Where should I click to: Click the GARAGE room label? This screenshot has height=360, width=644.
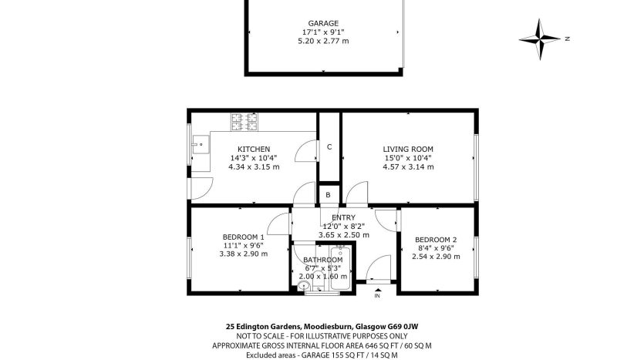[323, 23]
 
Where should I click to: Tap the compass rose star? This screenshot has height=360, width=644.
[540, 39]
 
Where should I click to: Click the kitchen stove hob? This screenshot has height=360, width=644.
[244, 122]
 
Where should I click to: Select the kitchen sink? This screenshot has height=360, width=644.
[201, 144]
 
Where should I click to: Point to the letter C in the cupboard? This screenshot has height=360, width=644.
[329, 147]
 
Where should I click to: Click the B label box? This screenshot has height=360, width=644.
[328, 195]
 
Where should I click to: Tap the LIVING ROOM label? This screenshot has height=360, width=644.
[408, 150]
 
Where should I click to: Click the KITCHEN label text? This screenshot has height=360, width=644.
[254, 150]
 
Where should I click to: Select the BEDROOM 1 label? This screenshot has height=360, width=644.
[244, 237]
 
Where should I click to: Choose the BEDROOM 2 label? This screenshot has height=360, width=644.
[436, 240]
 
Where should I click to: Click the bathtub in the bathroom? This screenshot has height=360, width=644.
[340, 268]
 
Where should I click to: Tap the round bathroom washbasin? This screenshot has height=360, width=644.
[304, 286]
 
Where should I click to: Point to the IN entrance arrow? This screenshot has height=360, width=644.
[377, 291]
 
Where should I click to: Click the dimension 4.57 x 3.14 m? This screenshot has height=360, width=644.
[408, 167]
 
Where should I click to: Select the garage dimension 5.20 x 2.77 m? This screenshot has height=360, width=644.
[323, 41]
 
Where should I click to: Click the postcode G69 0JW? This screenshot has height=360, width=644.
[403, 327]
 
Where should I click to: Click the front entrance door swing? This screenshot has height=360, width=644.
[378, 268]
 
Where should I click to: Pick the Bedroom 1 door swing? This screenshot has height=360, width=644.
[279, 224]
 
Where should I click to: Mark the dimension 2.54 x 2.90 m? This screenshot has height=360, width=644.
[436, 257]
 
